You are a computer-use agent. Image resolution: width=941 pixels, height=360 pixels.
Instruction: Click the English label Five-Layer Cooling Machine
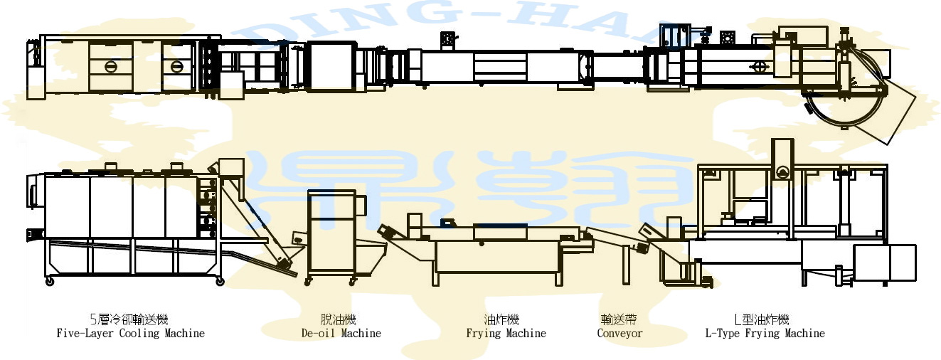130,333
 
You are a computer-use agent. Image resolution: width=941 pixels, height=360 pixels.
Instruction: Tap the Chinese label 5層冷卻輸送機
130,320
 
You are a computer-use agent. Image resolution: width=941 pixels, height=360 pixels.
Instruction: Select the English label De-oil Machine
341,333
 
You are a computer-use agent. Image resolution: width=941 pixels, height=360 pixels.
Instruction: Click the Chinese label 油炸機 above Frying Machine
506,320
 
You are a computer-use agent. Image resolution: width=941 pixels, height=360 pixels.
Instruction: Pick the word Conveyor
620,333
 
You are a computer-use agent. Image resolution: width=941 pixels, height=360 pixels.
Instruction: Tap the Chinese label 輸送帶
619,320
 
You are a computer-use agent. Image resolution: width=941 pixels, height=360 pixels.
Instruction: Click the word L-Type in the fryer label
723,333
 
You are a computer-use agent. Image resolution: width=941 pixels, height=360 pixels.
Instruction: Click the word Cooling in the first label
139,333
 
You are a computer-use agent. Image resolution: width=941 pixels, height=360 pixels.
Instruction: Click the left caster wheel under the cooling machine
49,282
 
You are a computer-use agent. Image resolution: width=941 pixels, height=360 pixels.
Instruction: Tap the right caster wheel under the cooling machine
220,282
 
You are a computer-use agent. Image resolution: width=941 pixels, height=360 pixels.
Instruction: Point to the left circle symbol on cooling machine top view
110,66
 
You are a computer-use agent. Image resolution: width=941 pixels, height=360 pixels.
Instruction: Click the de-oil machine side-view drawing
331,235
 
